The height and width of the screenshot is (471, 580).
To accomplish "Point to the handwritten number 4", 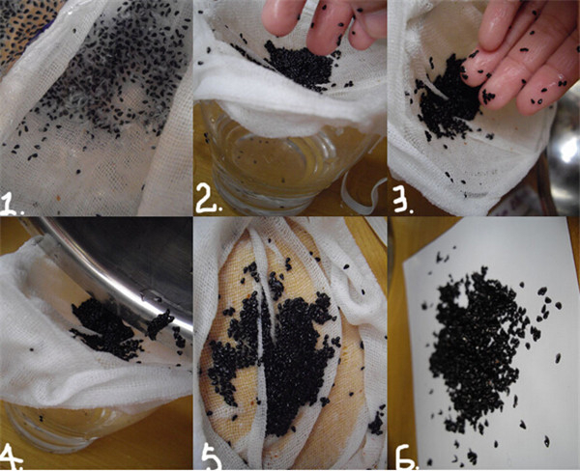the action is tap(11, 457).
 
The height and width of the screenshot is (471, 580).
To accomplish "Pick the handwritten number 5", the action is tap(211, 458).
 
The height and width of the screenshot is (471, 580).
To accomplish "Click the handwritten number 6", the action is tap(406, 458).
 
